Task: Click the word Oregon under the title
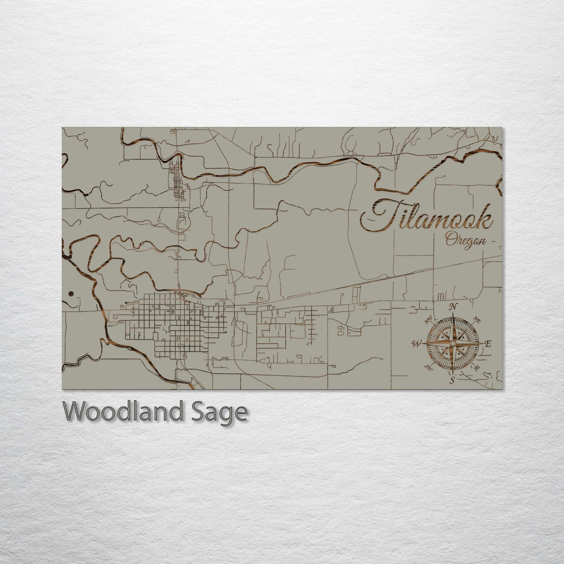pos(465,240)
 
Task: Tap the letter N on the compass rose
pos(453,307)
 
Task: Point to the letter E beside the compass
pos(487,343)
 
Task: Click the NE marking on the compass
pos(477,319)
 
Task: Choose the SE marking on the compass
pos(476,367)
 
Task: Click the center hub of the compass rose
pos(452,343)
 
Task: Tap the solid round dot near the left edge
pos(71,294)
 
